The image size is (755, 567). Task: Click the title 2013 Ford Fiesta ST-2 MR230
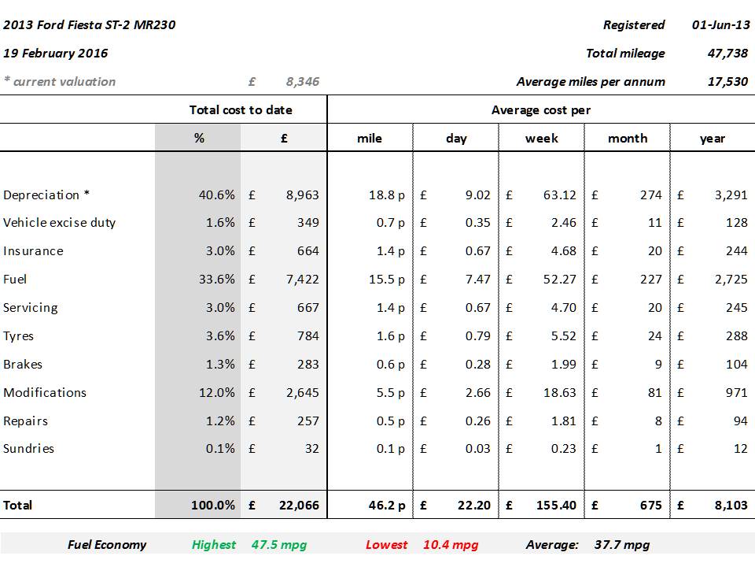(90, 25)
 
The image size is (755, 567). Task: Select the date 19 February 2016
(56, 54)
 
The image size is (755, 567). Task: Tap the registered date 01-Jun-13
(720, 25)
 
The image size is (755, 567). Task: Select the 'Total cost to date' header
(241, 110)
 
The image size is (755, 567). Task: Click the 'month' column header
(628, 139)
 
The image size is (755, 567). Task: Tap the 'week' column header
(542, 139)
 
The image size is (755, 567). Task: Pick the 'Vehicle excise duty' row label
(60, 223)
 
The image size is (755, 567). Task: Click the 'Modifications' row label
(45, 392)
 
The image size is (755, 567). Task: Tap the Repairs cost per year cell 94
(739, 421)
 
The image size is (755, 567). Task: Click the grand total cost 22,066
(299, 506)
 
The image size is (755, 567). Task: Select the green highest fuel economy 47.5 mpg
(279, 545)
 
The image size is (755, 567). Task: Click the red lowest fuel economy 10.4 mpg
(451, 545)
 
